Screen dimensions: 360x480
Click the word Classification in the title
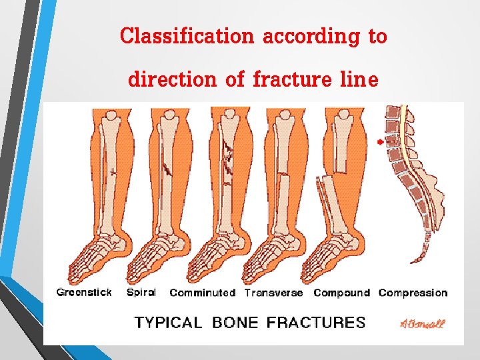pos(187,36)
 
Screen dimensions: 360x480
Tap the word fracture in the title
pos(293,80)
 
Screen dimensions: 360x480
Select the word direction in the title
pos(171,80)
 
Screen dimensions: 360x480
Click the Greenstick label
pos(84,292)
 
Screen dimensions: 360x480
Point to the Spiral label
pos(141,292)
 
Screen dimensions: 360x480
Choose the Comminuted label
pos(203,293)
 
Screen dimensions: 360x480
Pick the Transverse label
pos(273,293)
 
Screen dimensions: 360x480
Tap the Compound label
pos(341,293)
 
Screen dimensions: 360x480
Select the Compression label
pos(413,293)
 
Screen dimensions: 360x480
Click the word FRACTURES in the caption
pos(316,323)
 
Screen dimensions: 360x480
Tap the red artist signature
pos(423,324)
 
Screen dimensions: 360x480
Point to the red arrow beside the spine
pos(380,142)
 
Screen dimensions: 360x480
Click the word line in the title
pos(361,80)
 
